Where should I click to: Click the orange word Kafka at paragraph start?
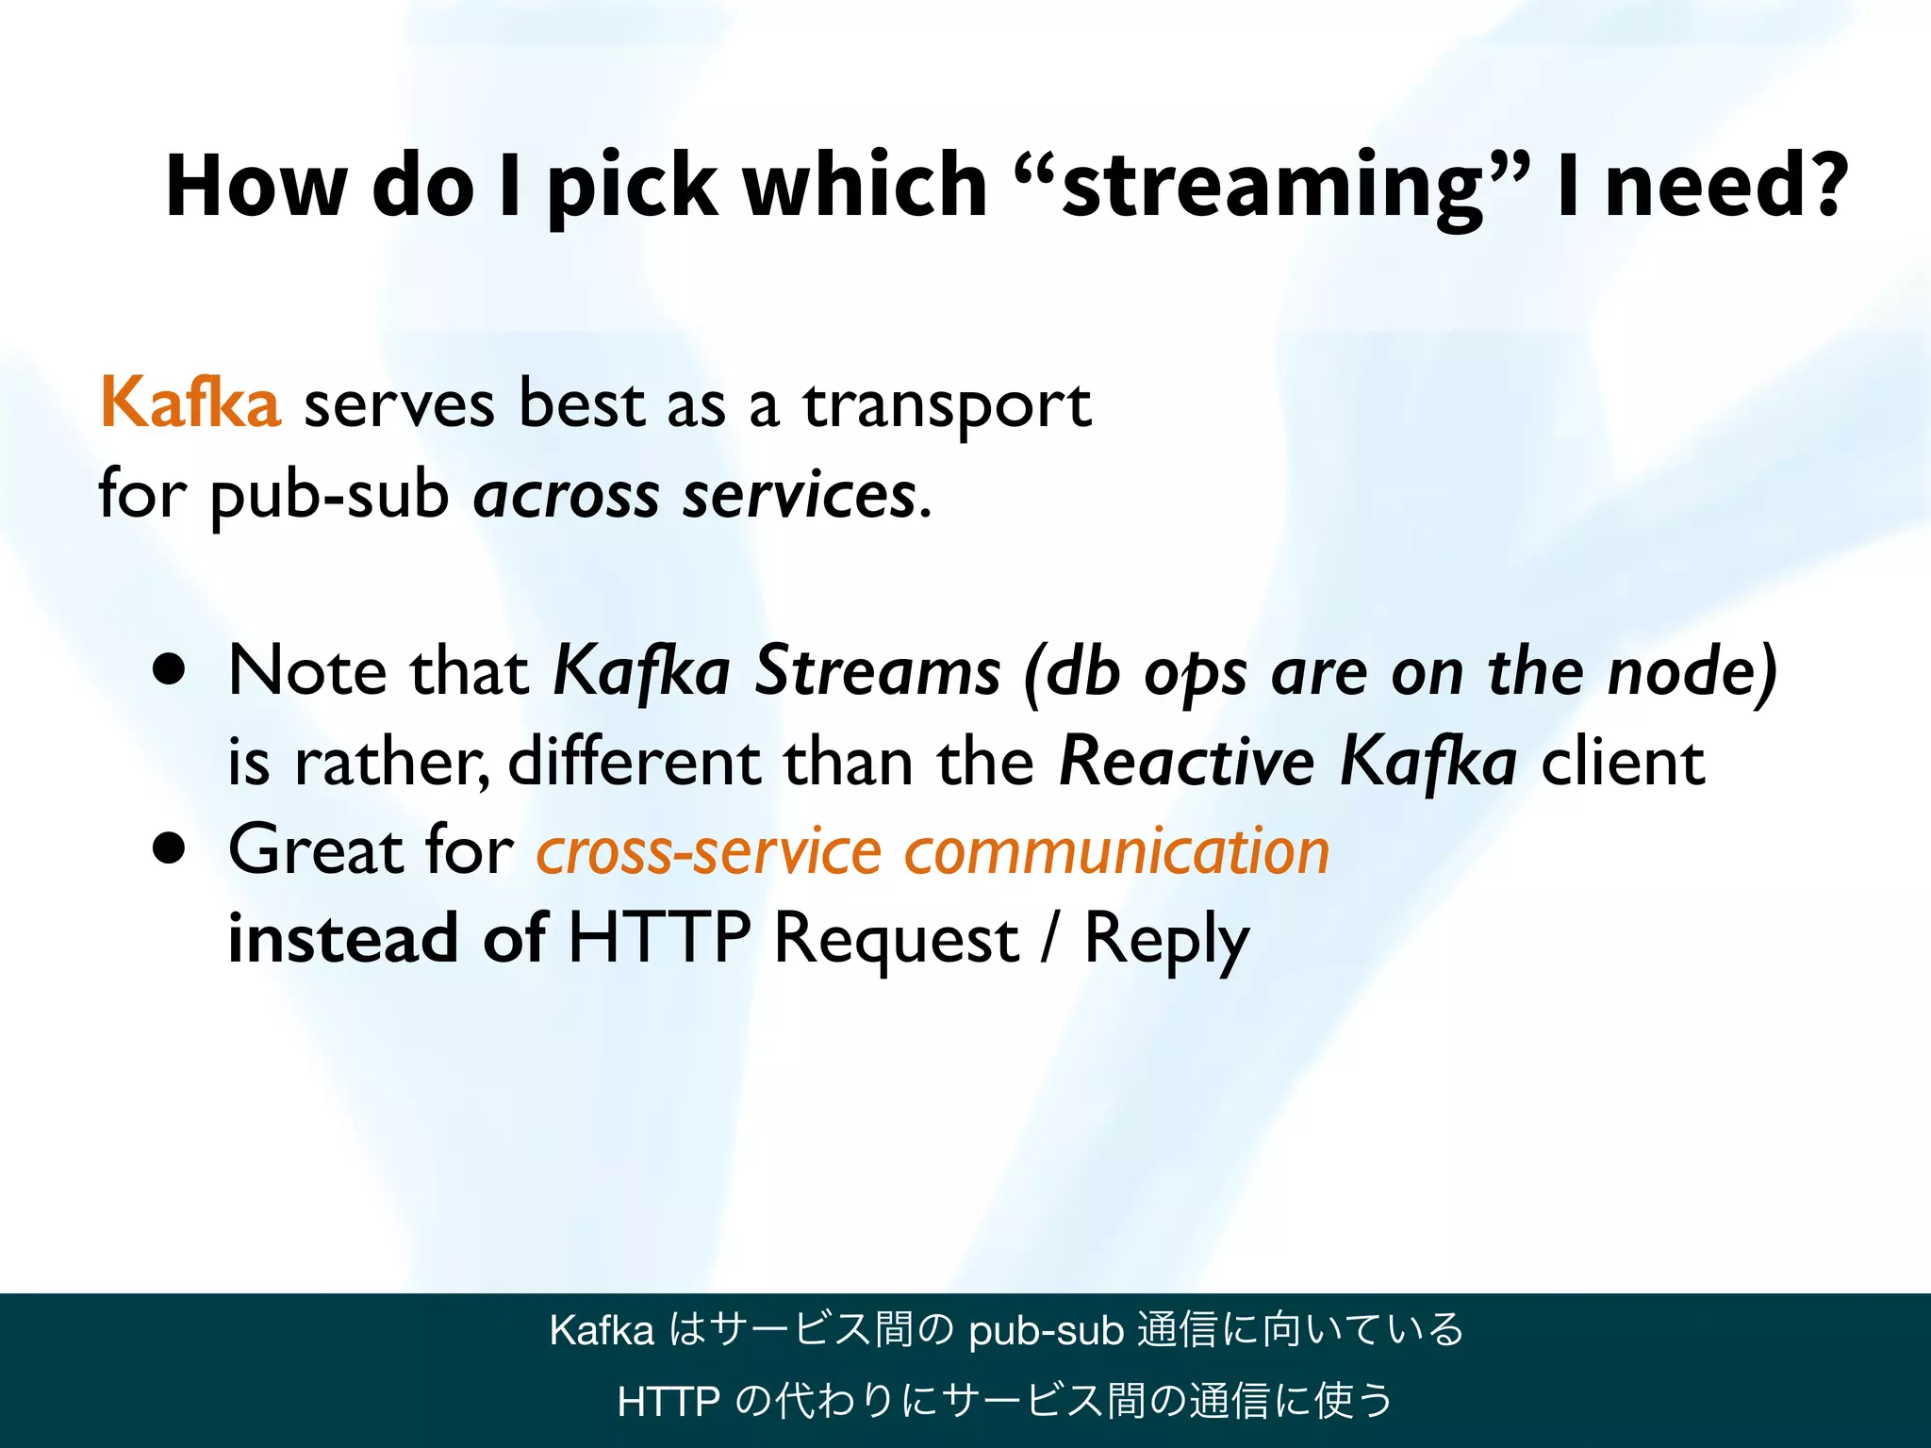coord(190,403)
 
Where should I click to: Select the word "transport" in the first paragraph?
coord(947,405)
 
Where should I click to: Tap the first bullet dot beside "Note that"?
coord(170,670)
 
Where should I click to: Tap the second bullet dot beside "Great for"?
coord(170,848)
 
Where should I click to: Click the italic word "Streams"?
coord(878,671)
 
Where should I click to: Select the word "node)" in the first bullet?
coord(1692,671)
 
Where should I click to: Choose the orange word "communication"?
coord(1116,850)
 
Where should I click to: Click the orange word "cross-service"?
coord(709,850)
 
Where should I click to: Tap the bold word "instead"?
coord(343,939)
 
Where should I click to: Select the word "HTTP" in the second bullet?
coord(659,939)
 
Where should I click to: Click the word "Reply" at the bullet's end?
coord(1165,941)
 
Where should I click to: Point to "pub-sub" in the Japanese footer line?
coord(1046,1331)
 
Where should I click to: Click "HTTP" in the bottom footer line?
coord(668,1402)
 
